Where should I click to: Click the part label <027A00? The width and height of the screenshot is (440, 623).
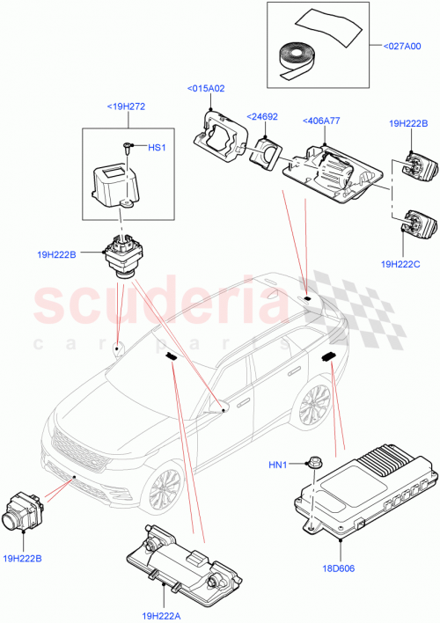pos(403,45)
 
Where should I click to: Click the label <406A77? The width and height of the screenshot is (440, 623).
pos(323,121)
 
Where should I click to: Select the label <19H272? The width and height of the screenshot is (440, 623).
pos(126,106)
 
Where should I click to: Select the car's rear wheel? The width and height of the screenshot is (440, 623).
pos(313,407)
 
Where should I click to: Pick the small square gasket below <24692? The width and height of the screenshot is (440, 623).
pos(265,152)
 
